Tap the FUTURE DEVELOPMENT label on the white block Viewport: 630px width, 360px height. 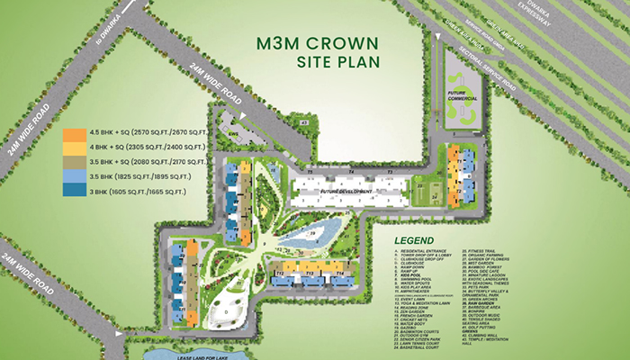[341, 191]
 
